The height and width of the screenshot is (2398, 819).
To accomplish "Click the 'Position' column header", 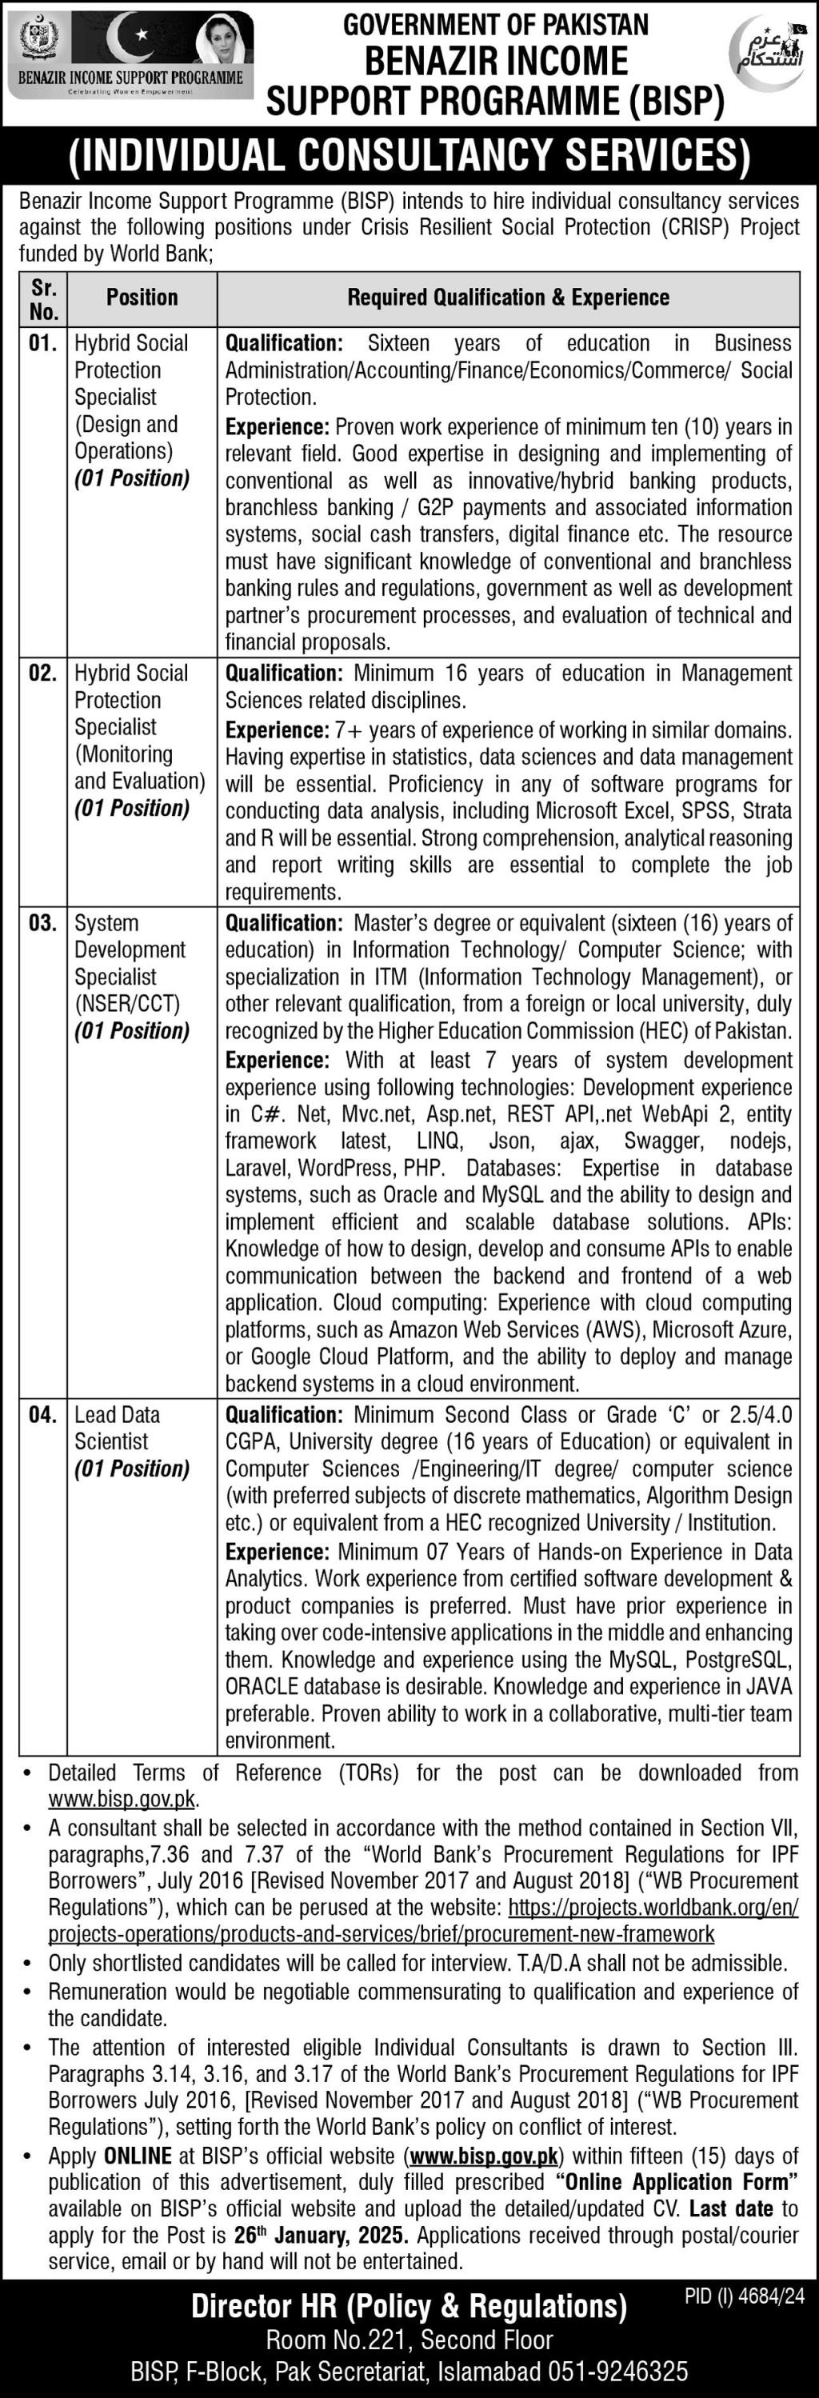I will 142,298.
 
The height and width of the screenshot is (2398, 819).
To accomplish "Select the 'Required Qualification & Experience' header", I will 508,298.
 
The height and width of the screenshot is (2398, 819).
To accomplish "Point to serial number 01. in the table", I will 43,343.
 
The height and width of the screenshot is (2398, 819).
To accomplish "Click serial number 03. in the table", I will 43,924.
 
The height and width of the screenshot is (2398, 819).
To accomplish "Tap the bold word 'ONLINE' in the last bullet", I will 138,2156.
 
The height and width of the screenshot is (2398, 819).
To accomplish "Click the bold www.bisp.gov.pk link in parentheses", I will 484,2156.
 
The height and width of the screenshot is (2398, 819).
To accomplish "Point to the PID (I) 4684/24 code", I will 744,2296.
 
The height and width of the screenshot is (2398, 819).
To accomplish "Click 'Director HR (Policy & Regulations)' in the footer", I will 409,2306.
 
